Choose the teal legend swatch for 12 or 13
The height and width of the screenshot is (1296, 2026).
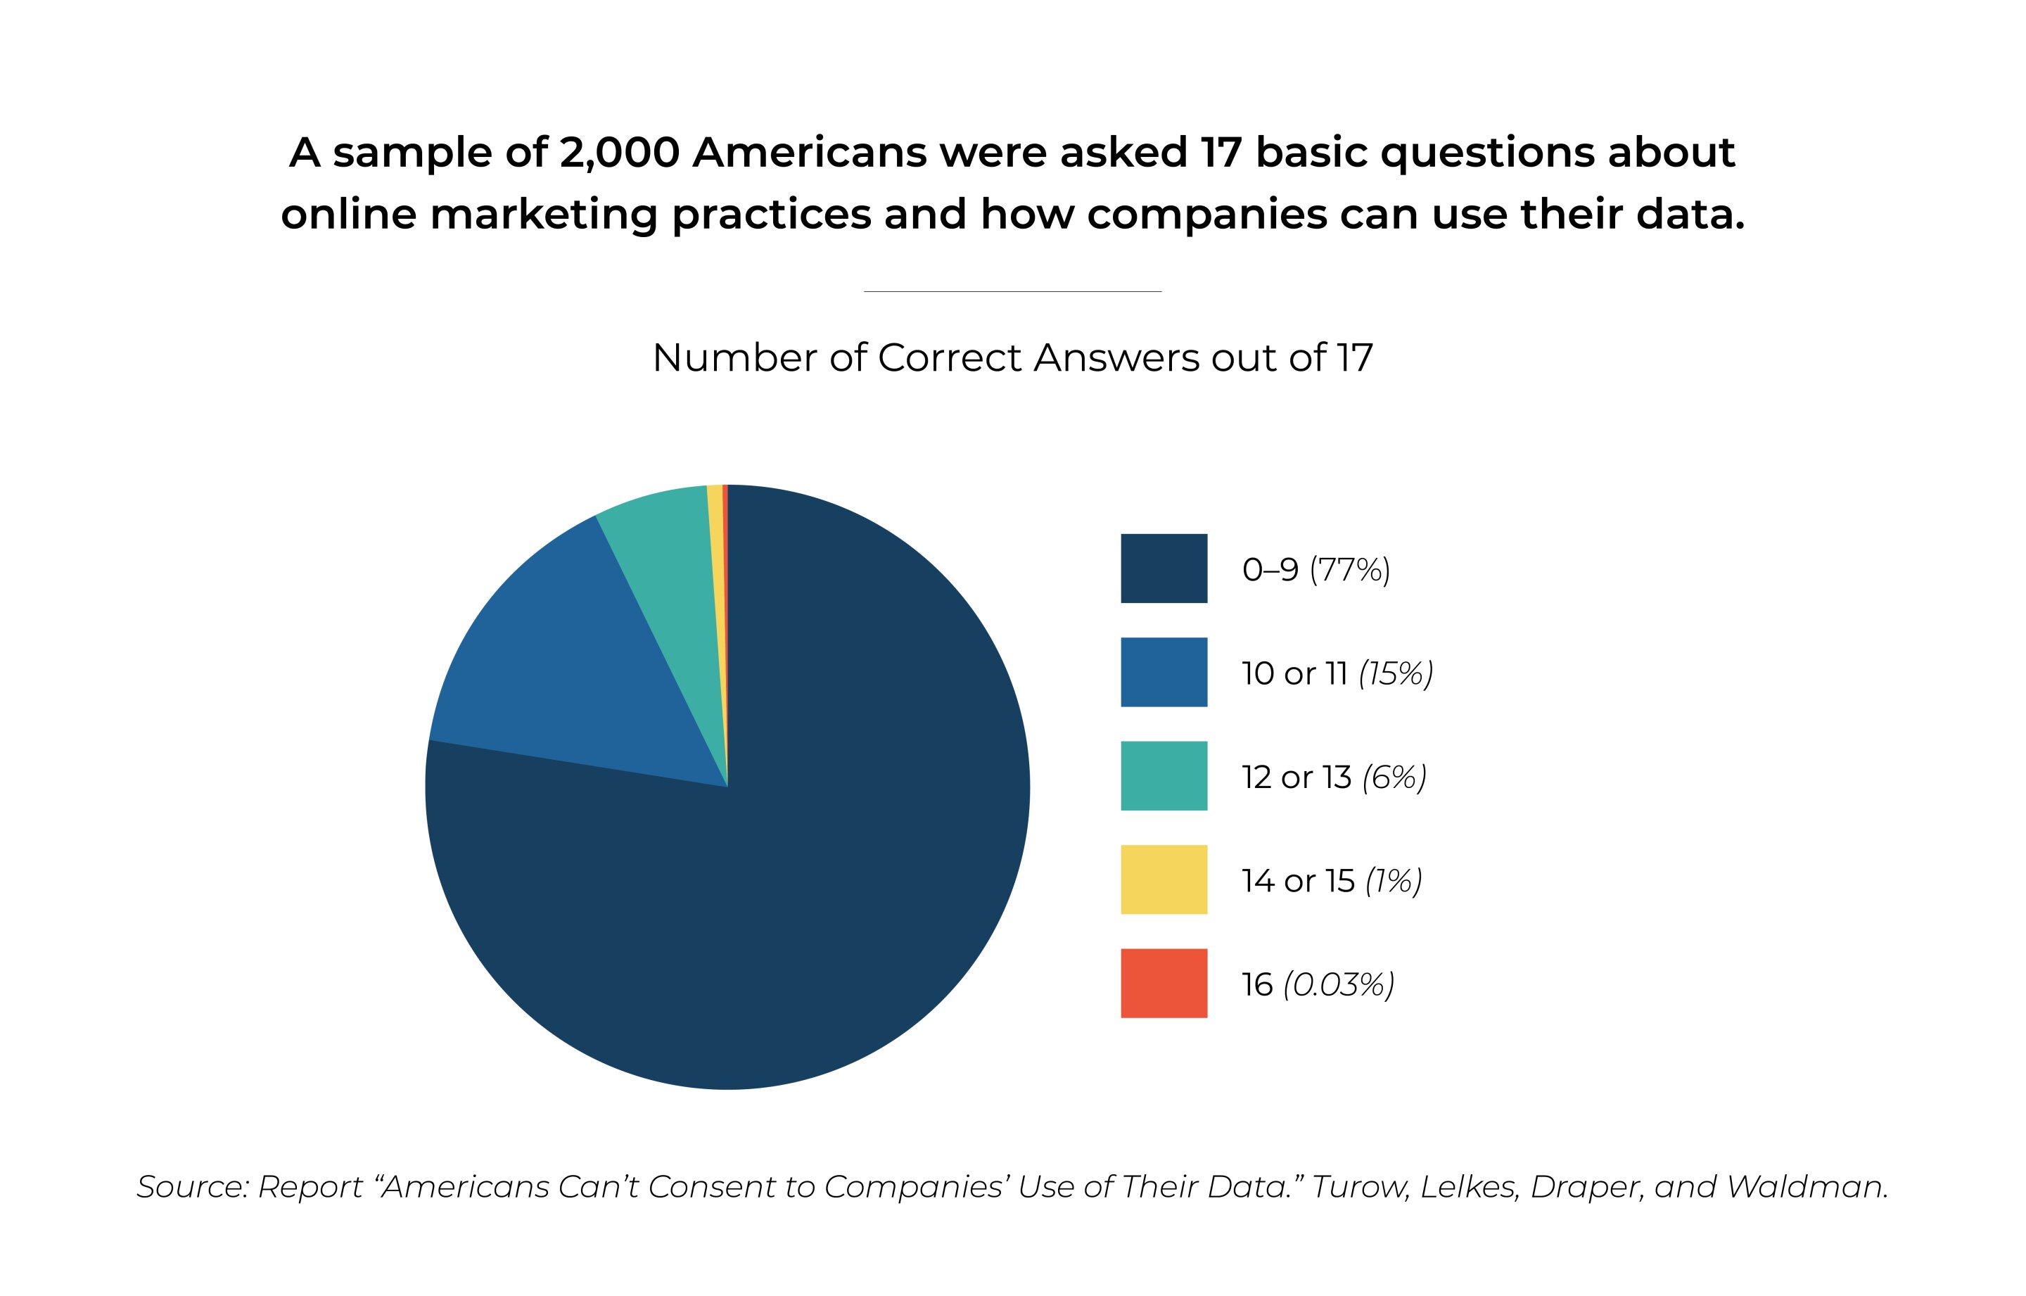(x=1164, y=775)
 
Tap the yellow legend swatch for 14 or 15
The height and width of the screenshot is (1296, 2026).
(x=1164, y=879)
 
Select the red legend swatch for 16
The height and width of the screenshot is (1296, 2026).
(x=1164, y=983)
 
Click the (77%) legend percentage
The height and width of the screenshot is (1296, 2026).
(x=1349, y=570)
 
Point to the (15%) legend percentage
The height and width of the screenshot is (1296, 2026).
(x=1396, y=673)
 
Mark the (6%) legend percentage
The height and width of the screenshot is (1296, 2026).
(x=1394, y=777)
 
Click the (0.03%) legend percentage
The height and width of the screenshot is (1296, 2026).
(x=1339, y=984)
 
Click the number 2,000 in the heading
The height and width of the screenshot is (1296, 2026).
(x=619, y=153)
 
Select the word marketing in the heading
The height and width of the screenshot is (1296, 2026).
(x=544, y=215)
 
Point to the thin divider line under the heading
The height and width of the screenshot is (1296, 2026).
(x=1012, y=291)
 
